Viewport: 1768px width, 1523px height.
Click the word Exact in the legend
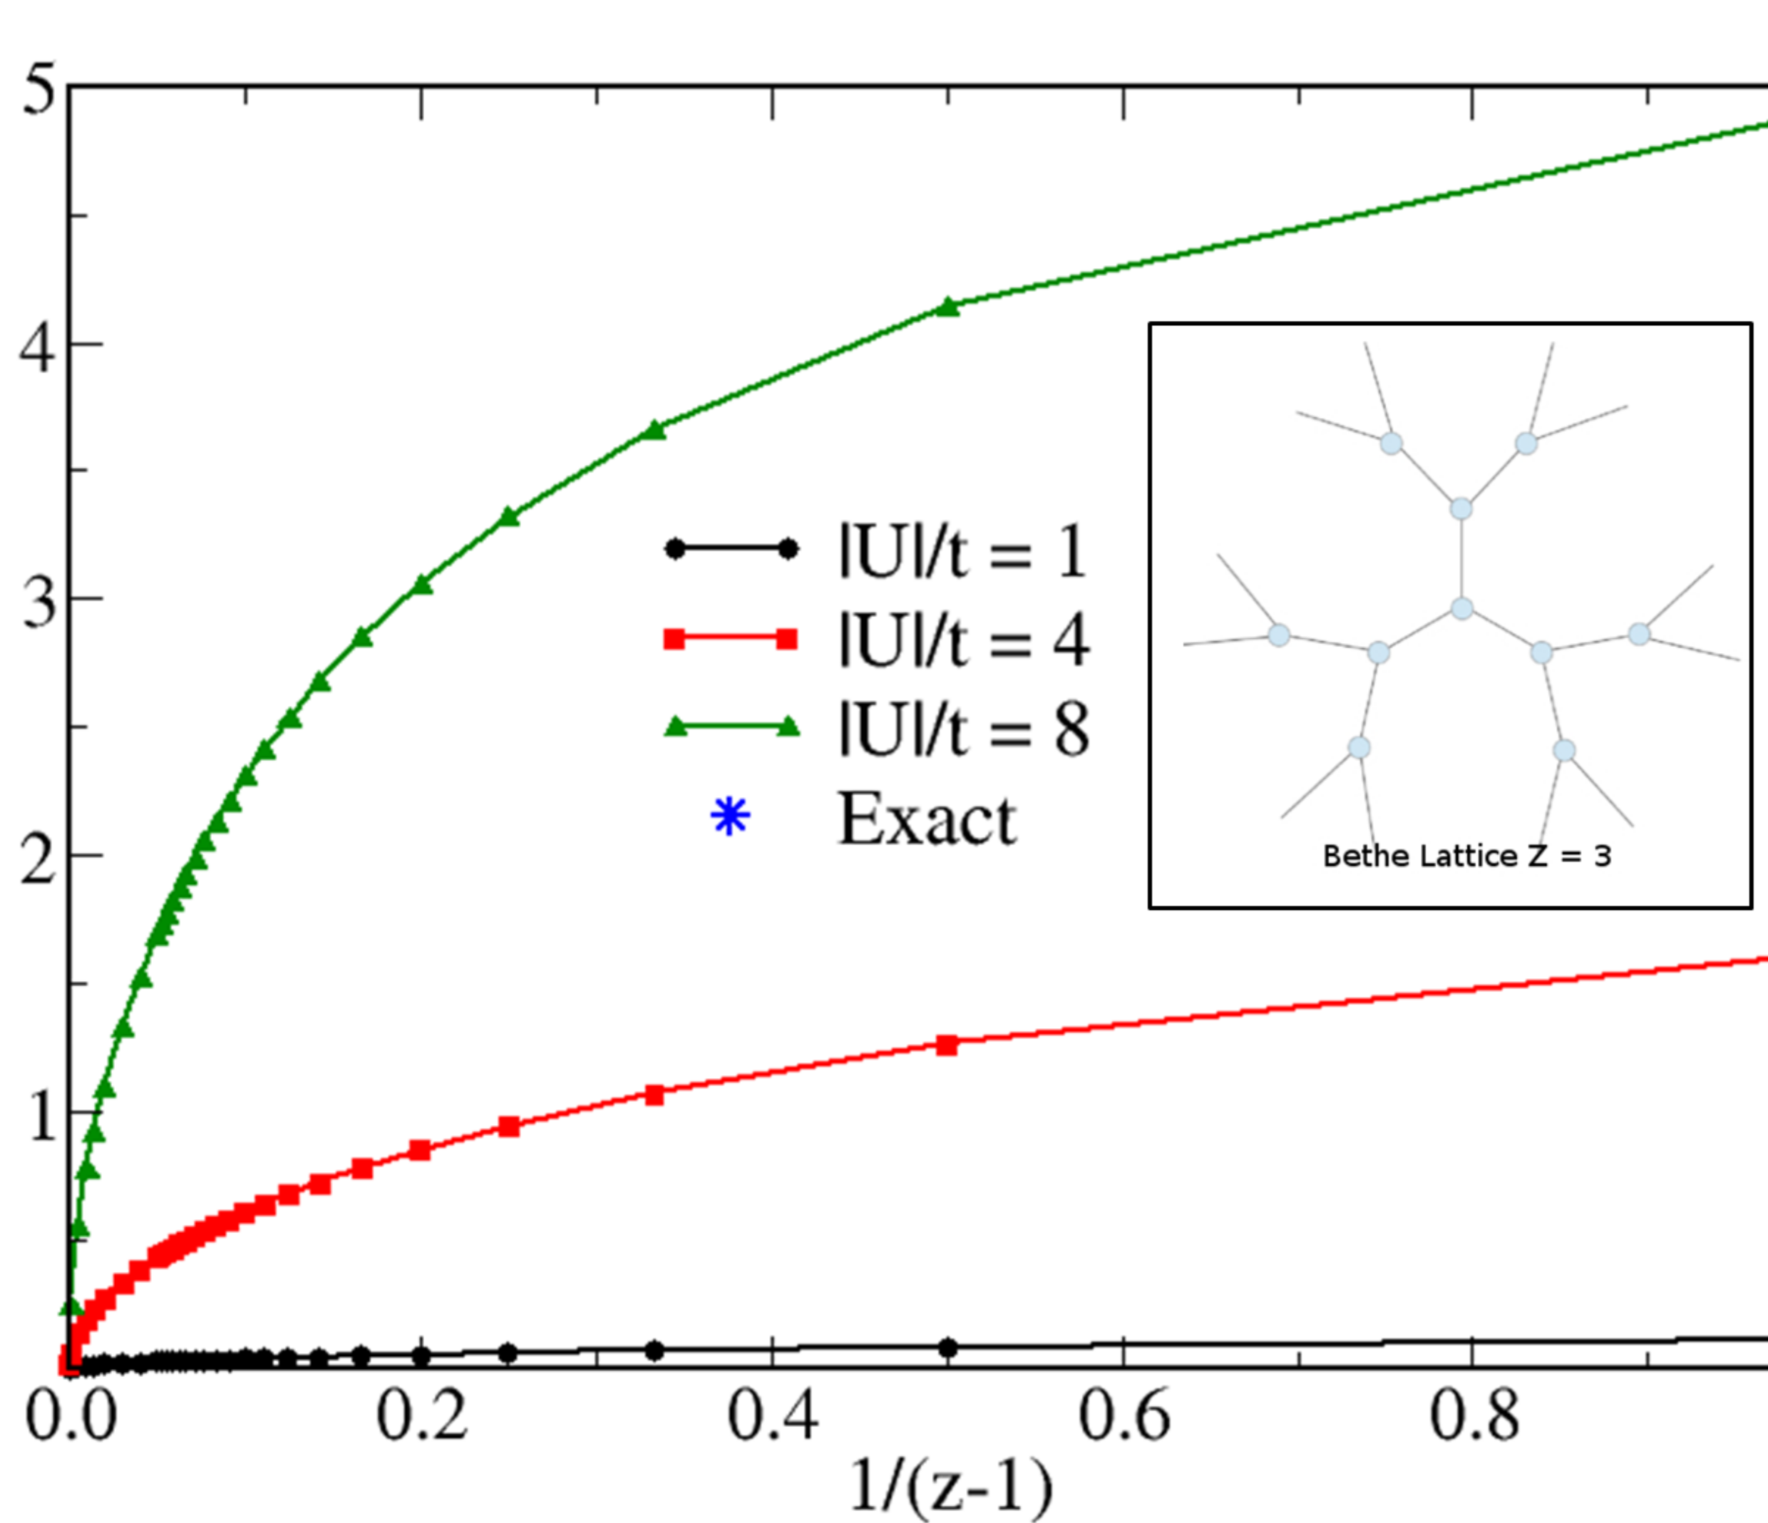927,819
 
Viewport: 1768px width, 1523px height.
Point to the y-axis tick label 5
38,90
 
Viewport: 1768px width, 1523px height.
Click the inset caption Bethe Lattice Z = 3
1466,856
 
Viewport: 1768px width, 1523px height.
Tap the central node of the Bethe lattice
1461,608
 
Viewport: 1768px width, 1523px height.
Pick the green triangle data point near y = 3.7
654,431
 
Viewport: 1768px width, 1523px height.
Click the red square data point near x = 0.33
654,1095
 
